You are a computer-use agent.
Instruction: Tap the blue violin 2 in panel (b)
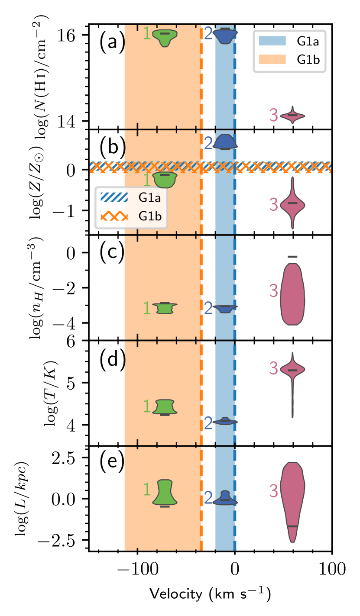coord(225,142)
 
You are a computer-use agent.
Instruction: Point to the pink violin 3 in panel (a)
coord(292,116)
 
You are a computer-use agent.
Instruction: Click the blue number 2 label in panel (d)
coord(208,423)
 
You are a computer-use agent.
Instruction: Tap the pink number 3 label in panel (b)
coord(273,204)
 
